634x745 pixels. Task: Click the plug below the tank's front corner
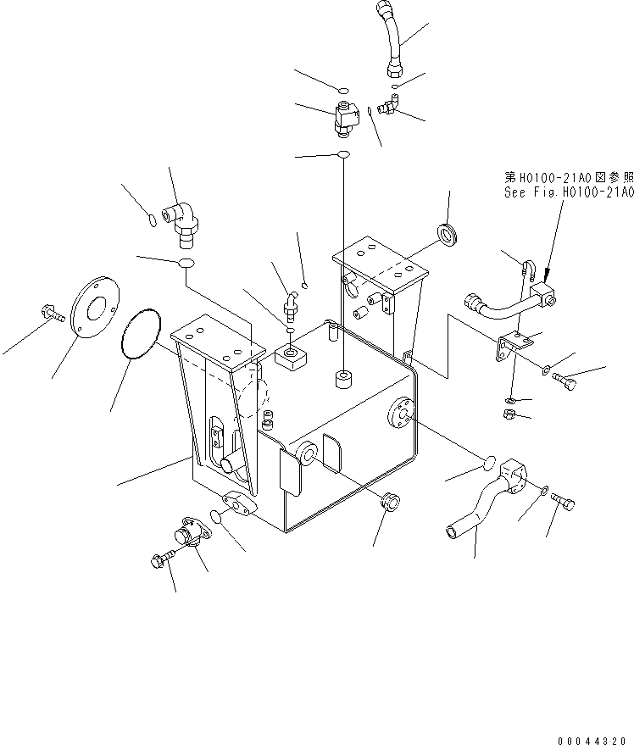coord(390,500)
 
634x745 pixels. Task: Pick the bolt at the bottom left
coord(158,559)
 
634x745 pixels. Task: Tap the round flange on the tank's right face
coord(401,413)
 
